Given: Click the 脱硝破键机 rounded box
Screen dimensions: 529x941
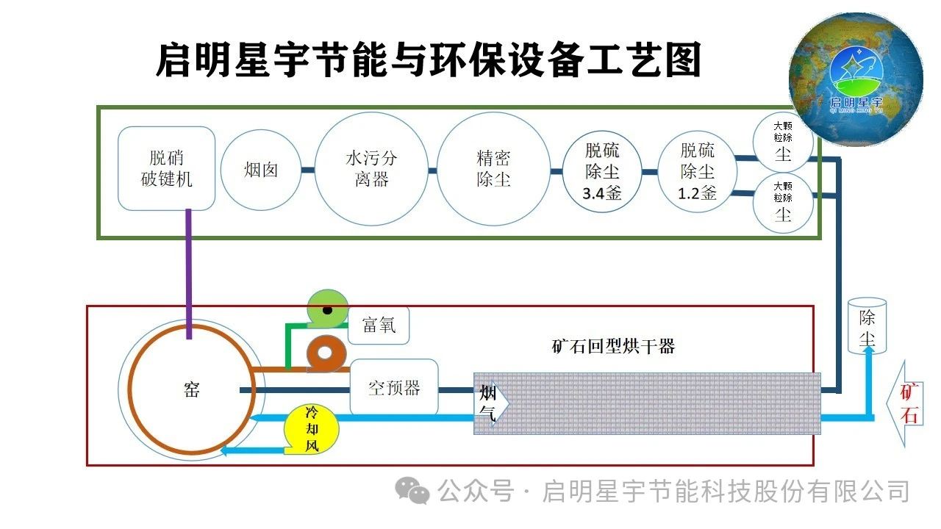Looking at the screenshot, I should click(x=167, y=168).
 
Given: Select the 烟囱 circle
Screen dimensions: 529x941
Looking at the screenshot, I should click(x=261, y=170).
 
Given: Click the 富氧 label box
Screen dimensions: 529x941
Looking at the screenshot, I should click(x=379, y=325).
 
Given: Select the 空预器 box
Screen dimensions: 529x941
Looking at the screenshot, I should click(x=394, y=387).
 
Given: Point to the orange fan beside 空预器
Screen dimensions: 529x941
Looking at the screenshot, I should click(x=326, y=355).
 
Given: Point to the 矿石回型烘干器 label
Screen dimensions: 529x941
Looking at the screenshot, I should click(x=612, y=346).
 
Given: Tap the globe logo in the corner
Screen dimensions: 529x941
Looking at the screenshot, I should click(x=856, y=79).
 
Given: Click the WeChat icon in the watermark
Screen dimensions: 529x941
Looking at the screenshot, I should click(x=412, y=490).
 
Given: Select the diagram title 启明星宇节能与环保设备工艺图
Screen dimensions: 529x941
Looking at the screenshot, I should click(x=429, y=60).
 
